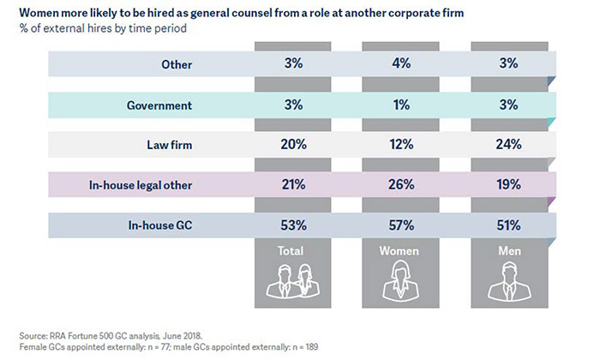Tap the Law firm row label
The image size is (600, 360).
(169, 144)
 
